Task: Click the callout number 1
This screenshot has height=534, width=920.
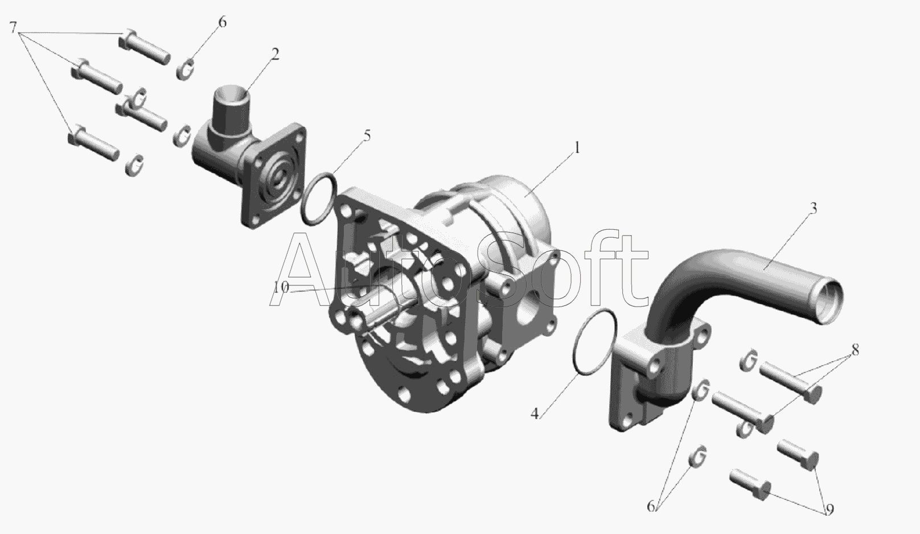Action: [577, 148]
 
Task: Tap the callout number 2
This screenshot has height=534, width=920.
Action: [275, 55]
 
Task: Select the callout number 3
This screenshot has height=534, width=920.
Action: [813, 208]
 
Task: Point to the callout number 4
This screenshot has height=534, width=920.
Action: [535, 414]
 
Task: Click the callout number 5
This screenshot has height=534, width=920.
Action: [367, 136]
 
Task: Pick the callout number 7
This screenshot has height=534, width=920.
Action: [13, 28]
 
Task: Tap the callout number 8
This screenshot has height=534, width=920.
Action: [855, 350]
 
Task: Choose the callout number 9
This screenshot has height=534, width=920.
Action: [829, 510]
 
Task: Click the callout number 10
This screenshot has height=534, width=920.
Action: [281, 287]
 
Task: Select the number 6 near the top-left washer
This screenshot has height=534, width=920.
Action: [222, 22]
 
